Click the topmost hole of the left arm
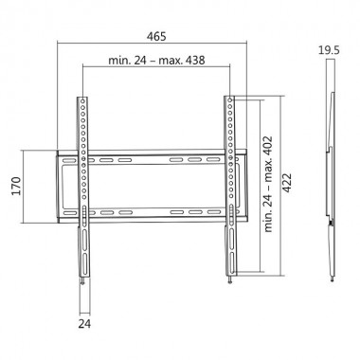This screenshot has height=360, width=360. click(x=84, y=99)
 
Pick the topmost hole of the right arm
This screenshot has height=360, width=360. click(x=229, y=99)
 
